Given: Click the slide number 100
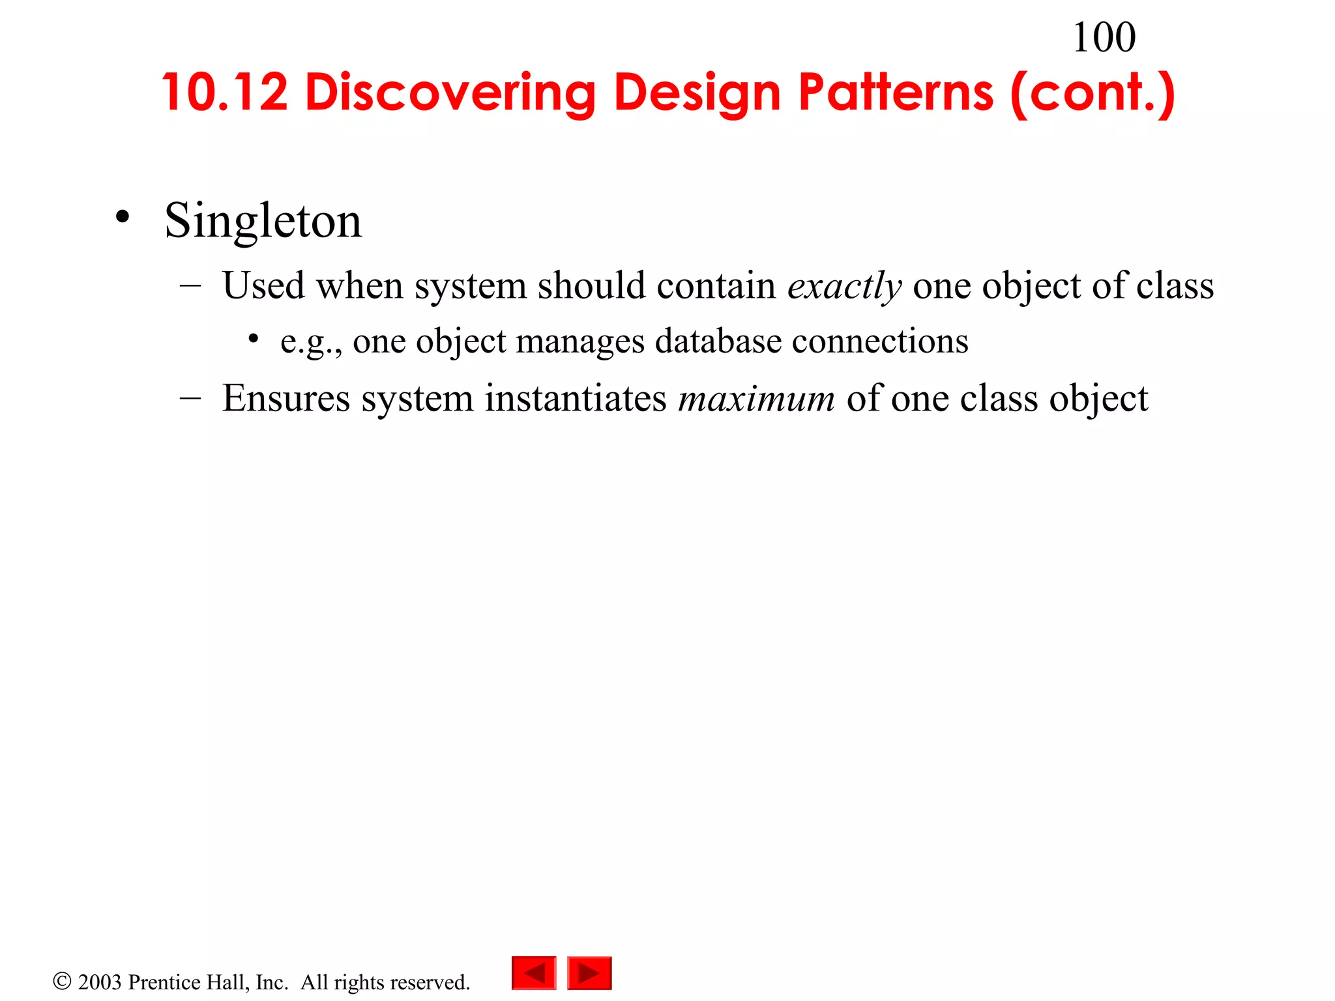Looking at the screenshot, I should [1104, 37].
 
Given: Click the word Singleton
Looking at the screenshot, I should [263, 221].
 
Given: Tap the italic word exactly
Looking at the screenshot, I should [844, 286].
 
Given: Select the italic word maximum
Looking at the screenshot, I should [756, 399].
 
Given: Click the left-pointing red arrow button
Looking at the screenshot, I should [534, 973].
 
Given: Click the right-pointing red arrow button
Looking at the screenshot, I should [589, 973].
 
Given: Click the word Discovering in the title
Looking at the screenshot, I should [450, 93].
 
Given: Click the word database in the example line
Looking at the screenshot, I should [718, 341].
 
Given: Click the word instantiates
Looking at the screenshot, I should [576, 399].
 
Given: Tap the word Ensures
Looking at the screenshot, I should [286, 399].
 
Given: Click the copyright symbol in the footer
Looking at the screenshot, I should [62, 981].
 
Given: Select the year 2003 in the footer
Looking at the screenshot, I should [100, 982].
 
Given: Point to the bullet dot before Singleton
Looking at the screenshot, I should [122, 217].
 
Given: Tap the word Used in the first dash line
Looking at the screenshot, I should [263, 286].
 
